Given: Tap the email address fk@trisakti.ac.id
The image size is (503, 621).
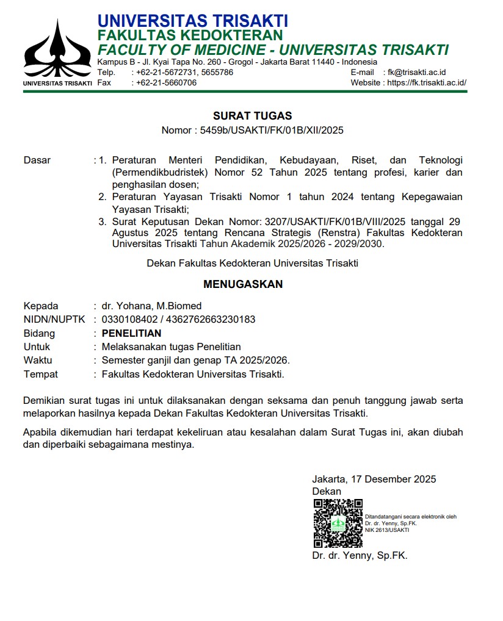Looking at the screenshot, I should coord(417,72).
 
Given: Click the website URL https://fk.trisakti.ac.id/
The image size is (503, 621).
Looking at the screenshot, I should coord(427,82).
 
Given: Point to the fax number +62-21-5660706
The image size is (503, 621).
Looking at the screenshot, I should coord(166,82).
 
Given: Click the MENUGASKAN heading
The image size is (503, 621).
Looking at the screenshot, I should coord(243,284).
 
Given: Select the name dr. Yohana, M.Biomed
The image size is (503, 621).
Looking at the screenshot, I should coord(151,306).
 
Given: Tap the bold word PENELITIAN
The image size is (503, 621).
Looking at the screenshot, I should coord(131,333).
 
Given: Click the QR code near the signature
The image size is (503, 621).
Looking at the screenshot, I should coord(338,523).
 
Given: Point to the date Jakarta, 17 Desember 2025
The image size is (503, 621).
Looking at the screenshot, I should coord(374,479).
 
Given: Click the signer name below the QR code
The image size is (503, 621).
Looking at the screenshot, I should coord(359,555).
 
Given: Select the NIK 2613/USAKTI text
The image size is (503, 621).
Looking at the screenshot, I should coord(387,529).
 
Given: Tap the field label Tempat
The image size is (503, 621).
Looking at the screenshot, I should coord(40,374).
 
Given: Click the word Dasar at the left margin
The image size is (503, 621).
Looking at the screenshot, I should coord(37,160).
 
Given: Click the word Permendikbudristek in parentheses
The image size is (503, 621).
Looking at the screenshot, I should coord(160,172).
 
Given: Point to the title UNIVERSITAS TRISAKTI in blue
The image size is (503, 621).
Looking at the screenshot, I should coord(192,21).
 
